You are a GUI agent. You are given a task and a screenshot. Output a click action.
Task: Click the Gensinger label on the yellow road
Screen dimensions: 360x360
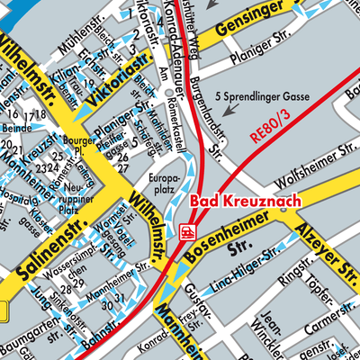point(250,27)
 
